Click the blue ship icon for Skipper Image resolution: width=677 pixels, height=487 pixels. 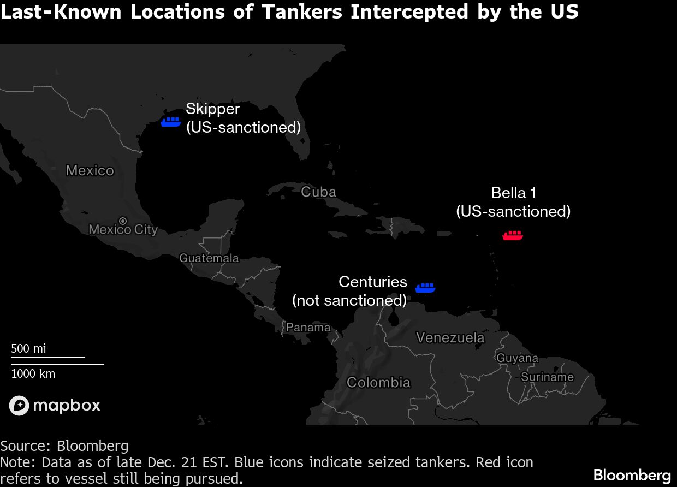[x=171, y=122]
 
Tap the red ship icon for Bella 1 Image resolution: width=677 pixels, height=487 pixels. [x=513, y=235]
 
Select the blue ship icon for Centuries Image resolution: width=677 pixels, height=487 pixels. [x=425, y=288]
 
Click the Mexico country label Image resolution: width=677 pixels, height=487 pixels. [x=90, y=170]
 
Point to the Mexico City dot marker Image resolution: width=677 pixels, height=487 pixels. [x=123, y=221]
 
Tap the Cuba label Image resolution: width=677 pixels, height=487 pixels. [x=318, y=192]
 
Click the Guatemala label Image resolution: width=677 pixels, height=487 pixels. [x=209, y=258]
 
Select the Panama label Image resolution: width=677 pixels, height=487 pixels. [x=308, y=327]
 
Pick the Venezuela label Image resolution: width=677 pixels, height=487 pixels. [x=450, y=337]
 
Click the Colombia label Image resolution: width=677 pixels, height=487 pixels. [x=378, y=382]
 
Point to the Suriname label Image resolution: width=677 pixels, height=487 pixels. [x=547, y=377]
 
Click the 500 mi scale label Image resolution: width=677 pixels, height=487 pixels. [x=28, y=348]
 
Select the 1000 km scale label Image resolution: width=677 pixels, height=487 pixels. [x=33, y=374]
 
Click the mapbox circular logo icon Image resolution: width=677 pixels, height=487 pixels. [x=19, y=406]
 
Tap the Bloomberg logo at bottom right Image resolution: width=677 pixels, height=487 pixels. [x=632, y=474]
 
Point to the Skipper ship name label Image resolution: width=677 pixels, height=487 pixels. [x=212, y=109]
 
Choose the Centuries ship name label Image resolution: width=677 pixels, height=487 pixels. [x=373, y=282]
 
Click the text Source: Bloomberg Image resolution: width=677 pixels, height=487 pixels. [x=64, y=446]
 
